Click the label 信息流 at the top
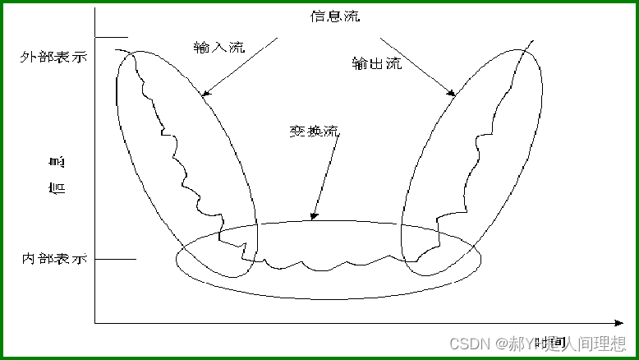335,16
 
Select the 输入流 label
219,47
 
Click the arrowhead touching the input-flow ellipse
205,94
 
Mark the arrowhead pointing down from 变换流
312,218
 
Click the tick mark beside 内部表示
116,260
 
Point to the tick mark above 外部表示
112,37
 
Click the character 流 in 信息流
352,16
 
